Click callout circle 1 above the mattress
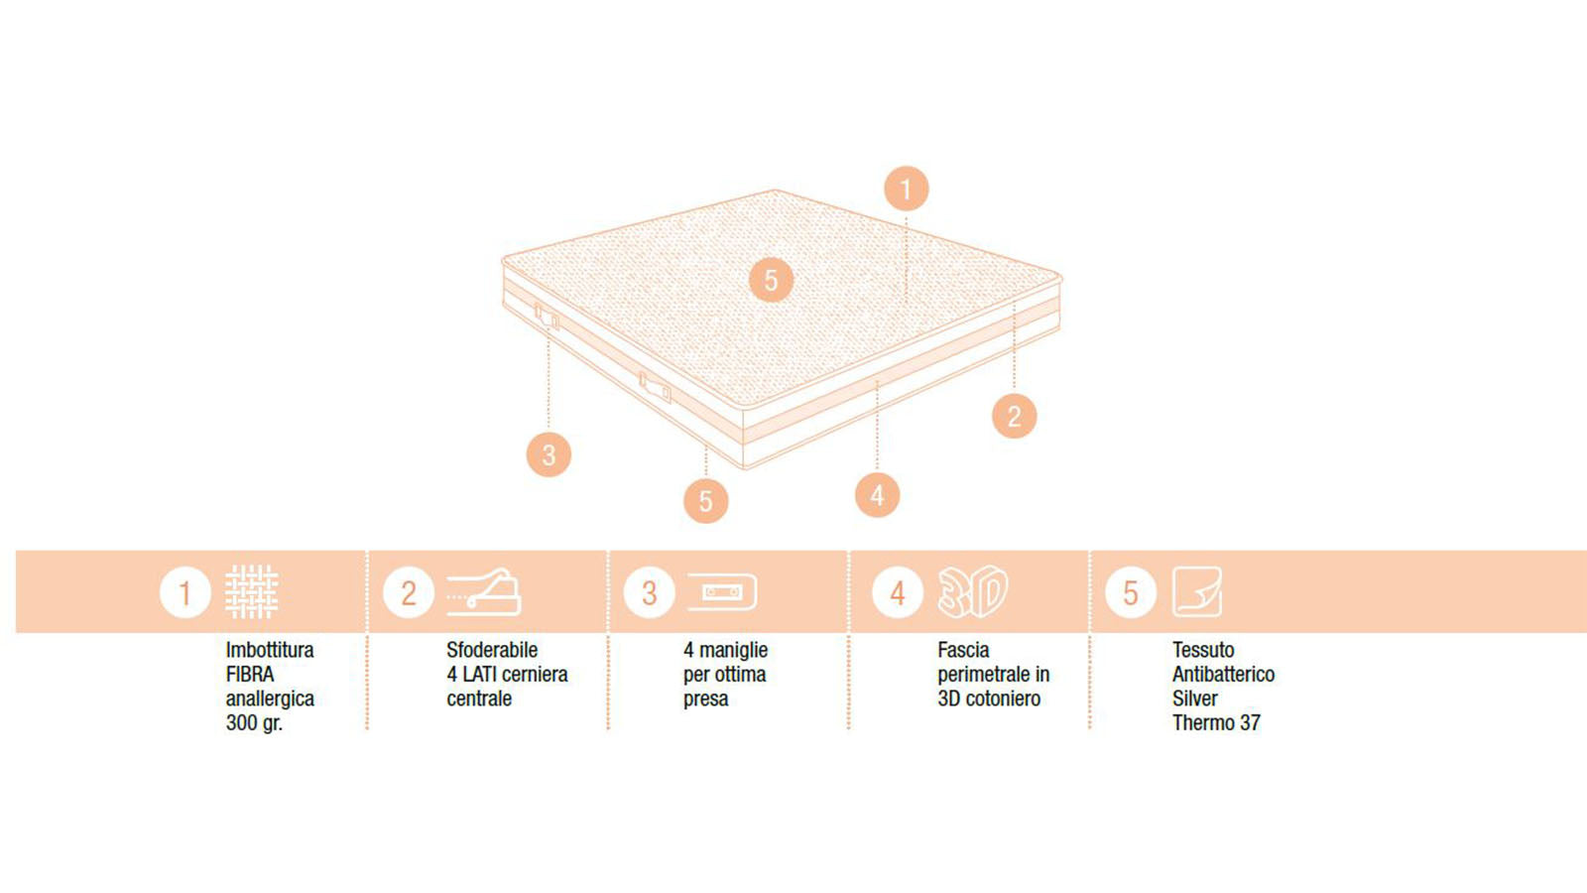[907, 190]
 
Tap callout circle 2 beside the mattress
[1014, 416]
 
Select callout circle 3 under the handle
[549, 454]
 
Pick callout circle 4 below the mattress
[877, 495]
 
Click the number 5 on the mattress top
[771, 280]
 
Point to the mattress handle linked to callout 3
[547, 317]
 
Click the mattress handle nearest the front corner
[655, 387]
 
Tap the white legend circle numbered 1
[184, 592]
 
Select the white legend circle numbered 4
[898, 592]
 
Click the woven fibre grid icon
[252, 591]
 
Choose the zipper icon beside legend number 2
[484, 591]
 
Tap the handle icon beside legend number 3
[723, 591]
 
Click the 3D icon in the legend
[973, 591]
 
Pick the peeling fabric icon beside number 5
[1196, 591]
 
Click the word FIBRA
[249, 674]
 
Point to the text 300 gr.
[254, 723]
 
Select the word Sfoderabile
[492, 650]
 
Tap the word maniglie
[733, 650]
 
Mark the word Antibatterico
[1224, 674]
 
